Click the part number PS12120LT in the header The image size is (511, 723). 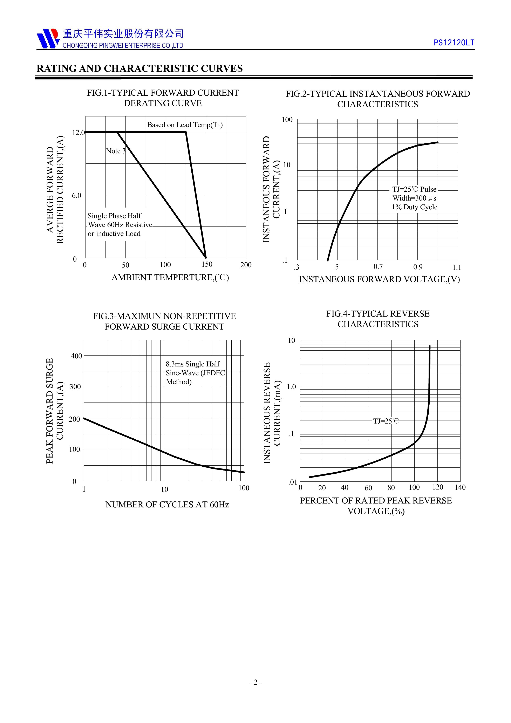click(x=454, y=43)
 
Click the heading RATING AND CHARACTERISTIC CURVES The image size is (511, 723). click(x=139, y=69)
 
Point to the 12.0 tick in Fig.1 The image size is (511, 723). click(x=78, y=133)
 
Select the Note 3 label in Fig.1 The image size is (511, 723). click(x=116, y=151)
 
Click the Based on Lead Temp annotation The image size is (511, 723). click(x=185, y=125)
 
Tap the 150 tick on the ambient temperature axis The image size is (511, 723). click(x=207, y=264)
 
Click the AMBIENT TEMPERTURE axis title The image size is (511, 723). click(x=170, y=277)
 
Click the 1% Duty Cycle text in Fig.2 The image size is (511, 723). click(x=414, y=207)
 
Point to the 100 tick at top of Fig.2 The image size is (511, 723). click(x=287, y=120)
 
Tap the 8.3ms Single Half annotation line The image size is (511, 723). click(x=193, y=364)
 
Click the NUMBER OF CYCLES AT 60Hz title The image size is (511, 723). click(x=167, y=505)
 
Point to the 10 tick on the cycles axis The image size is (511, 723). click(x=164, y=489)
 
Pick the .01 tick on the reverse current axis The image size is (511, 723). click(x=293, y=482)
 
